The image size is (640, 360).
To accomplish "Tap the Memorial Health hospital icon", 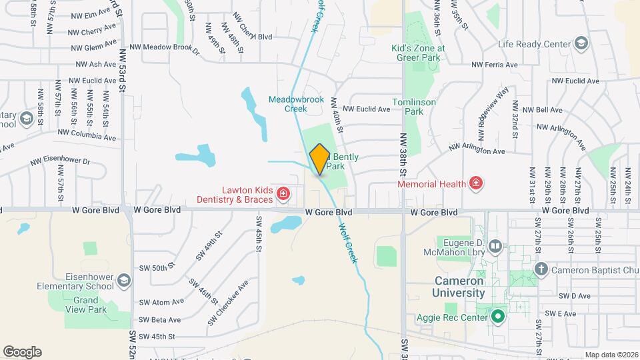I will tap(476, 183).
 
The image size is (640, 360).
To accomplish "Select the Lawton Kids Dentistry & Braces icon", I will tap(283, 194).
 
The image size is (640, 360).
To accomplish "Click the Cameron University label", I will tap(459, 287).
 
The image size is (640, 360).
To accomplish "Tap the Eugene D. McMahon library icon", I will tap(495, 247).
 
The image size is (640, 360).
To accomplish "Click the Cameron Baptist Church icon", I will tap(541, 269).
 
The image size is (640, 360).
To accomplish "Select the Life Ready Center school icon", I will tap(581, 44).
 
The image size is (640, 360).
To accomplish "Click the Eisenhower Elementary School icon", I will tap(123, 281).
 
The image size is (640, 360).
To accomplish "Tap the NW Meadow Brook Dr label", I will tap(164, 47).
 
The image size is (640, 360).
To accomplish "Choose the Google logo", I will tap(22, 352).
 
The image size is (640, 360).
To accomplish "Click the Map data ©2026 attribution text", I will tap(611, 355).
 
